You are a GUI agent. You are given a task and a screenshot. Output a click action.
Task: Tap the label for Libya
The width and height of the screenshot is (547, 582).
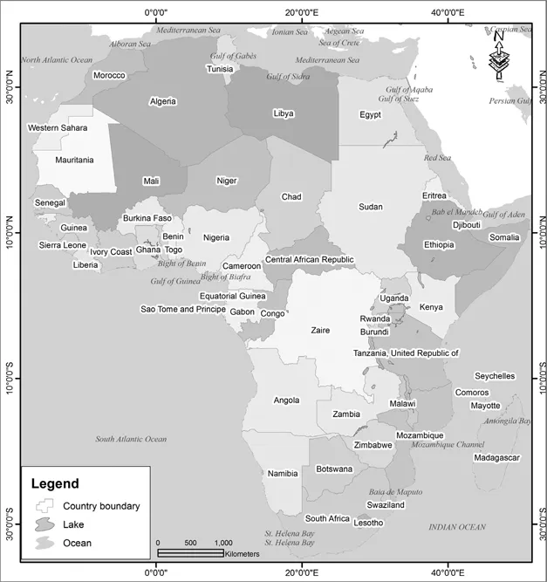[284, 113]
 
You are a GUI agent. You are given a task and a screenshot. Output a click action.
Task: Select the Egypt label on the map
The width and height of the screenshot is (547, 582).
[370, 115]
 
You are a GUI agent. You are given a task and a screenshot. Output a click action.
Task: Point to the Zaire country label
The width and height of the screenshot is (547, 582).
[320, 331]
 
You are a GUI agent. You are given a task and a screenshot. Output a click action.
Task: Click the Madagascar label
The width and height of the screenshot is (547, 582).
[496, 457]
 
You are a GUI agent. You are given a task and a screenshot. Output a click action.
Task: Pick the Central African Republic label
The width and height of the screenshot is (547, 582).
[310, 260]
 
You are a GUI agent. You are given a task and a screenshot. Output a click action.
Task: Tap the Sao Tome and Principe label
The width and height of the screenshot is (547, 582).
[183, 310]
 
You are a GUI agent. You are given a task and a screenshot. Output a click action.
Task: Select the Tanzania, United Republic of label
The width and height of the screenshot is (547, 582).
[405, 353]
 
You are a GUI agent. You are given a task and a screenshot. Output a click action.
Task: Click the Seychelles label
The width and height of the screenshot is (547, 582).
[495, 376]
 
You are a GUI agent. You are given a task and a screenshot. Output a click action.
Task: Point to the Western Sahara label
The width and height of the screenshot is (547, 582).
[57, 128]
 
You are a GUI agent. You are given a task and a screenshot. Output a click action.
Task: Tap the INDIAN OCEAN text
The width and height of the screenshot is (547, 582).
[456, 527]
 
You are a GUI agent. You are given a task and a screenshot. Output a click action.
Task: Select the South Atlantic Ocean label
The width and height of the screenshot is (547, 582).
[131, 439]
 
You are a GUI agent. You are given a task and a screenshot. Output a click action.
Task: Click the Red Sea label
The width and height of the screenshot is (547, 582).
[436, 158]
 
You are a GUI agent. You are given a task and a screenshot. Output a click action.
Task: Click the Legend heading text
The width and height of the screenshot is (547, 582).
[55, 483]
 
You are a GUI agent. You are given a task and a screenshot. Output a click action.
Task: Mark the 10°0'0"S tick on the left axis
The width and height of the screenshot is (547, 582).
[10, 377]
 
